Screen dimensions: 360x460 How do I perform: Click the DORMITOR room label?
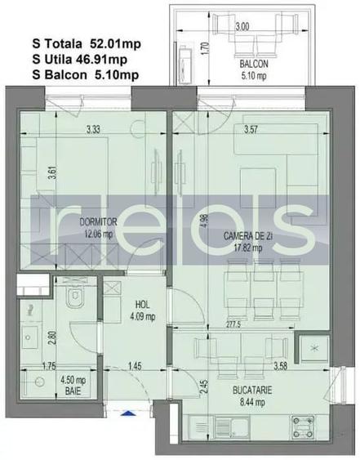pyautogui.click(x=98, y=221)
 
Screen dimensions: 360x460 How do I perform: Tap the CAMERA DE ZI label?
pyautogui.click(x=248, y=236)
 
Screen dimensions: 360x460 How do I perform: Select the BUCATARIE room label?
pyautogui.click(x=252, y=391)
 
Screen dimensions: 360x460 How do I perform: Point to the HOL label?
pyautogui.click(x=143, y=305)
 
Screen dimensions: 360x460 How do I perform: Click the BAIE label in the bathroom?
pyautogui.click(x=73, y=391)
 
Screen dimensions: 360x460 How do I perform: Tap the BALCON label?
pyautogui.click(x=254, y=64)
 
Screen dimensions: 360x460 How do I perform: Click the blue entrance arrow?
pyautogui.click(x=128, y=413)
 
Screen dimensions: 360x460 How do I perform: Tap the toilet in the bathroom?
pyautogui.click(x=75, y=297)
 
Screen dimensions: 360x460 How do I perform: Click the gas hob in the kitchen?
pyautogui.click(x=303, y=427)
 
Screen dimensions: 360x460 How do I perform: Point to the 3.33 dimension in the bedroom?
pyautogui.click(x=93, y=129)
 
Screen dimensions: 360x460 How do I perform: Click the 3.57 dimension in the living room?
pyautogui.click(x=251, y=129)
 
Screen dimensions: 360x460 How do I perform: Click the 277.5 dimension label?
pyautogui.click(x=233, y=325)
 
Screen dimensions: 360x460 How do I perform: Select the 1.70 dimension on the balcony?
pyautogui.click(x=206, y=49)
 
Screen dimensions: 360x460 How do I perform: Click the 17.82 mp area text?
pyautogui.click(x=248, y=248)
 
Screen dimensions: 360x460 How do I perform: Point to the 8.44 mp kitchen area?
pyautogui.click(x=252, y=402)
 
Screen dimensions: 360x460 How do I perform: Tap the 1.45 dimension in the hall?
pyautogui.click(x=135, y=366)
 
